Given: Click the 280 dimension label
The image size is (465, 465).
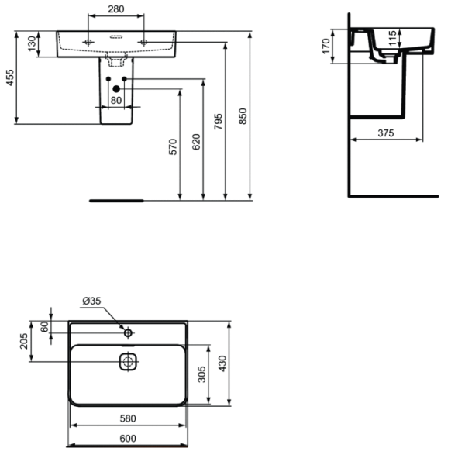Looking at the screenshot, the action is click(x=116, y=9).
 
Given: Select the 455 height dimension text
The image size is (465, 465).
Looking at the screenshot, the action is click(x=10, y=77).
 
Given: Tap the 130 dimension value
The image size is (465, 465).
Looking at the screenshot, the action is click(x=32, y=43).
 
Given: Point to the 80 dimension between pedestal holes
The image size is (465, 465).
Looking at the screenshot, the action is click(x=116, y=100).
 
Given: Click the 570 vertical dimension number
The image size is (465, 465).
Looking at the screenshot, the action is click(x=173, y=146).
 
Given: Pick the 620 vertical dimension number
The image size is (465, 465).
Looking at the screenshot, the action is click(x=196, y=142).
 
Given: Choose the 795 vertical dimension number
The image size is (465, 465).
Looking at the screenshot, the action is click(x=219, y=122).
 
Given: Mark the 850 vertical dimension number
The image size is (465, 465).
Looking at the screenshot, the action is click(x=243, y=116).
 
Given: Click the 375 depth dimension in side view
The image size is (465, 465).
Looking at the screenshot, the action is click(x=386, y=133).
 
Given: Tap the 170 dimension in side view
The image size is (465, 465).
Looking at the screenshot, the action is click(x=326, y=46).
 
